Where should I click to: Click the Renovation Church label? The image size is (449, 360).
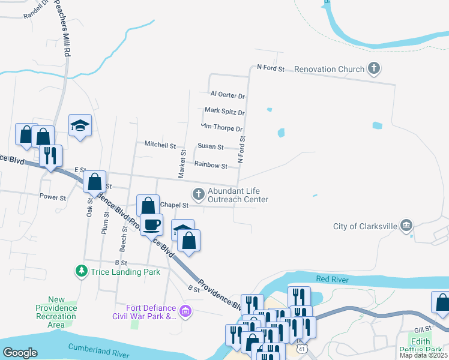[329, 69]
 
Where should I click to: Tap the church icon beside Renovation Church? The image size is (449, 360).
[374, 69]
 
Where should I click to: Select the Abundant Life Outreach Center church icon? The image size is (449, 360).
[197, 194]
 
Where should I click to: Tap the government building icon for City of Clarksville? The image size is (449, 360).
[406, 226]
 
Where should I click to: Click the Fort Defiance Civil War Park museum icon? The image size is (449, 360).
[185, 311]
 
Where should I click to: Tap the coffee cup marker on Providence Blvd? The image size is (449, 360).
[151, 224]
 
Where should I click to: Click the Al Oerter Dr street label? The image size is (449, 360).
[228, 95]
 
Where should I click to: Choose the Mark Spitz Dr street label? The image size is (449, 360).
[224, 111]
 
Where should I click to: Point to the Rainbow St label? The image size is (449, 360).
[210, 166]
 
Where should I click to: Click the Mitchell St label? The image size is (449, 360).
[160, 145]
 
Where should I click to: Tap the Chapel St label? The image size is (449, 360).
[174, 205]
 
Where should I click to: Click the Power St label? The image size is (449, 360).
[52, 197]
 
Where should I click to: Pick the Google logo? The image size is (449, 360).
[20, 353]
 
